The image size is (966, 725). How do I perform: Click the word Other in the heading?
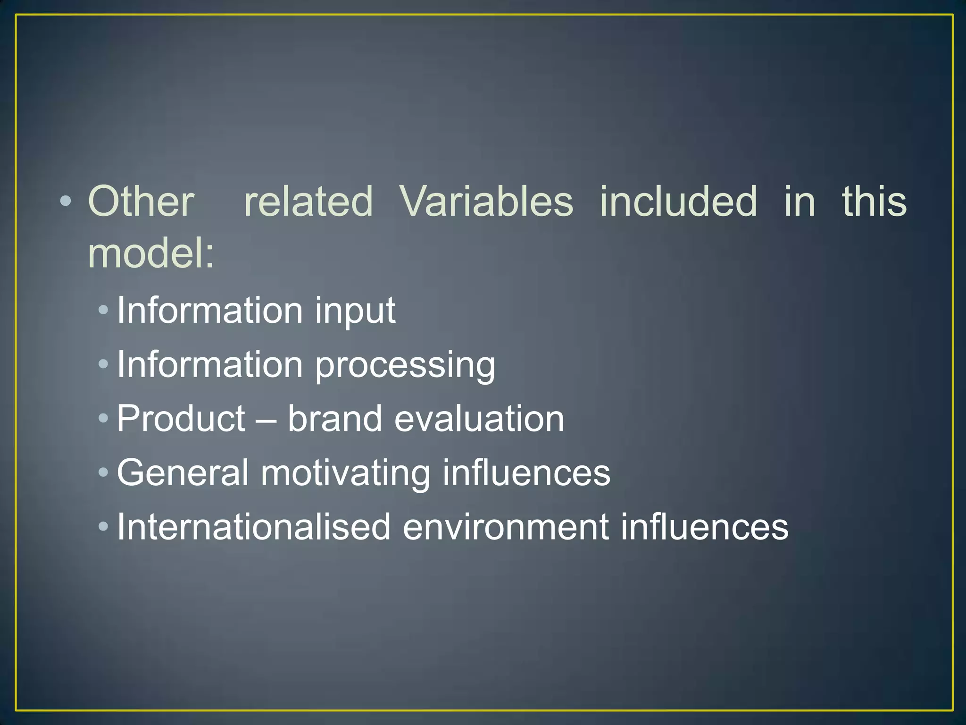141,202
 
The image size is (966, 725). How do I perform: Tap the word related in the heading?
308,202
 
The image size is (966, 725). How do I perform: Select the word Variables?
486,202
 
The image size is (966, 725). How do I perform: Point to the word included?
678,202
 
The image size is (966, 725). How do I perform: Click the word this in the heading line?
874,202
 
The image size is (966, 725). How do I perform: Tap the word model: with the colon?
151,253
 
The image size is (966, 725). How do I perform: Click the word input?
355,312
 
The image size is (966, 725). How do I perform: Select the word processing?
405,366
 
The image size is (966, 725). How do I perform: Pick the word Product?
181,419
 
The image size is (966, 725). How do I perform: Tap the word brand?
334,419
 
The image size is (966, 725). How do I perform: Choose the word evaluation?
479,419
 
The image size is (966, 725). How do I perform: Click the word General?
183,472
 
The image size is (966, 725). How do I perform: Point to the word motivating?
345,473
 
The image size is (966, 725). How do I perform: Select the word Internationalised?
254,527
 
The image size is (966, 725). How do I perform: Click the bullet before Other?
66,202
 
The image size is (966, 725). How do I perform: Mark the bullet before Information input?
103,310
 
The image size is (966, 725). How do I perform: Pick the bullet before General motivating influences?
103,472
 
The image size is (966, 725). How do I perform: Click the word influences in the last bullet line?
704,527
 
